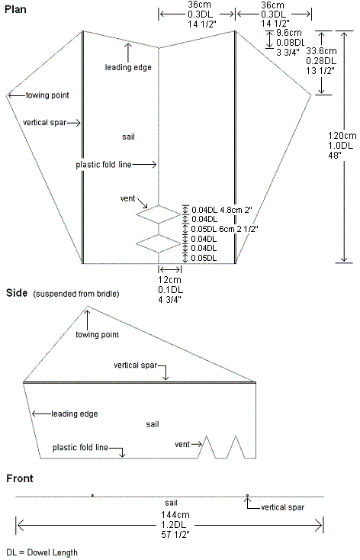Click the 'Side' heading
(15, 293)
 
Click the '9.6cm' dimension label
(288, 34)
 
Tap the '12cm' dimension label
(169, 280)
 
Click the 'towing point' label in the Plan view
(47, 95)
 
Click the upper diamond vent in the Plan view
(158, 215)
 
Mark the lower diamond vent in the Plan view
(158, 243)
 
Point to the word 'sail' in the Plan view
(129, 137)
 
